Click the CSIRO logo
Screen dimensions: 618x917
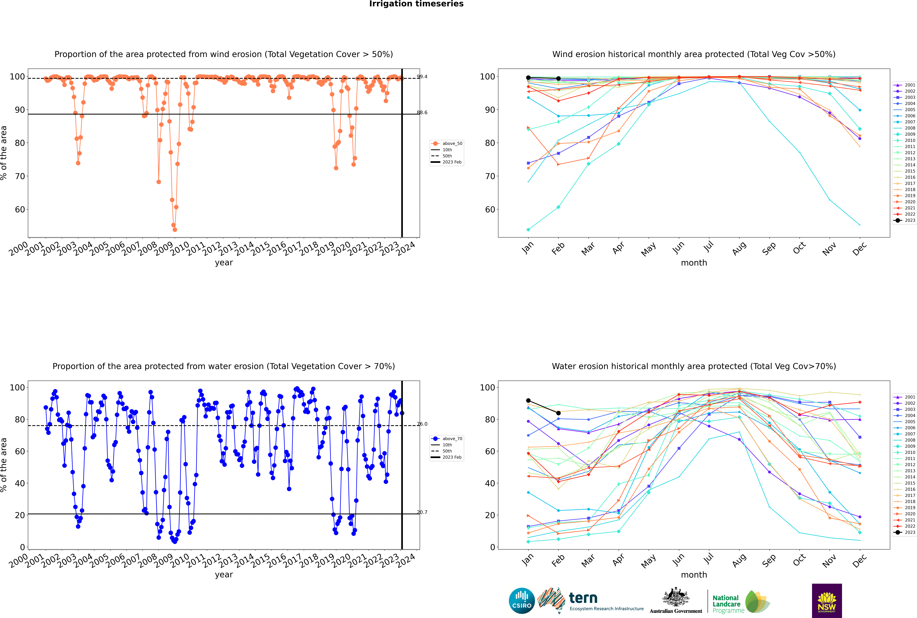pos(522,601)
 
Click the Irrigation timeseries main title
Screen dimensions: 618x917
pos(416,4)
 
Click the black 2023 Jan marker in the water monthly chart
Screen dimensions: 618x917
pos(528,400)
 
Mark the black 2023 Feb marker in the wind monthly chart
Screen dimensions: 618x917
pos(558,78)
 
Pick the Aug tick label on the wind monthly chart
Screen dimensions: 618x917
pos(739,248)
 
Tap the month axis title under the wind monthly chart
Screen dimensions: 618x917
pos(694,263)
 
